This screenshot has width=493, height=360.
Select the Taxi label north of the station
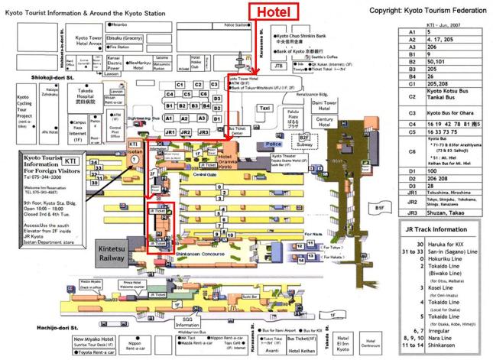pyautogui.click(x=265, y=109)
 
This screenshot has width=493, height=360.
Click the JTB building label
pyautogui.click(x=278, y=66)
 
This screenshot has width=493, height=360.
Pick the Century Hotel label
pyautogui.click(x=326, y=122)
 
